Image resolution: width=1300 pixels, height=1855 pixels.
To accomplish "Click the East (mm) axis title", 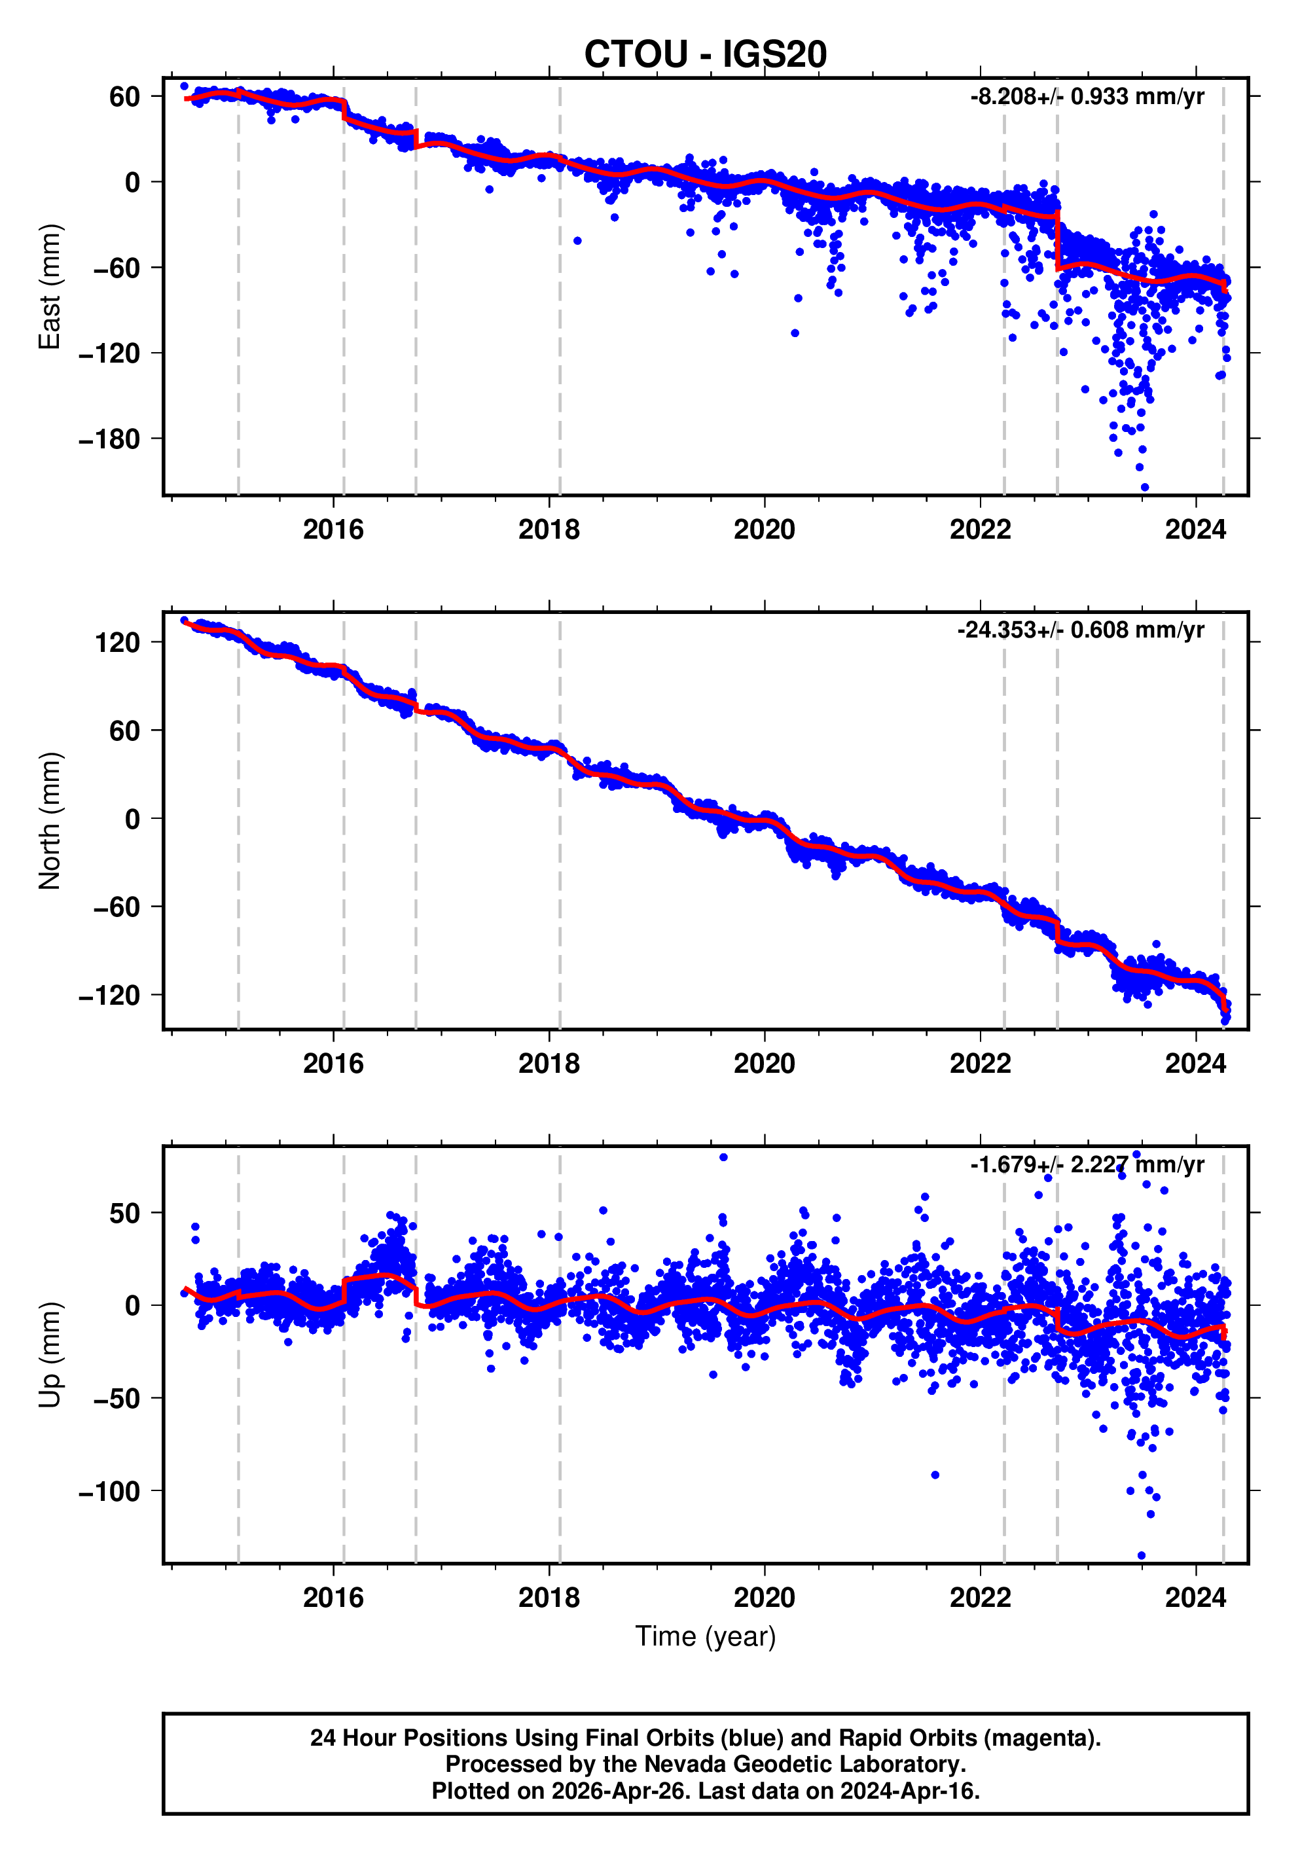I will click(x=50, y=287).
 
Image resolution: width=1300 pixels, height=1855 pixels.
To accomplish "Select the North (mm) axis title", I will click(x=50, y=821).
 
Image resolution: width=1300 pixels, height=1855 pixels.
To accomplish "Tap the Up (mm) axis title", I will click(x=50, y=1355).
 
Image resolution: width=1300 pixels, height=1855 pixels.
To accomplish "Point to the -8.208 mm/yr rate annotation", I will click(x=1086, y=97).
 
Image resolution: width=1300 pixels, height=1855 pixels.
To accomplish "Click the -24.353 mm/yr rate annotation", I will click(x=1079, y=630).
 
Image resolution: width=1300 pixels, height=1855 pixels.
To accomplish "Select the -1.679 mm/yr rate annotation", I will click(x=1086, y=1164).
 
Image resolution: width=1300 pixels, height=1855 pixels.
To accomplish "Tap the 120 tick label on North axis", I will click(x=117, y=643).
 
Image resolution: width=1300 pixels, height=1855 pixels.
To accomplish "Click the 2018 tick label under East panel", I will click(x=549, y=530).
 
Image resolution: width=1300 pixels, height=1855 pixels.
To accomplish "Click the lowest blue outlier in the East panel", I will click(x=1144, y=487).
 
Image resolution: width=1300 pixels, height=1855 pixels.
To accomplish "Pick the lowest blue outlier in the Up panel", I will click(x=1141, y=1555).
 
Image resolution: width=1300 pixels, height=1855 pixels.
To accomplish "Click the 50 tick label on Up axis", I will click(x=124, y=1214).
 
